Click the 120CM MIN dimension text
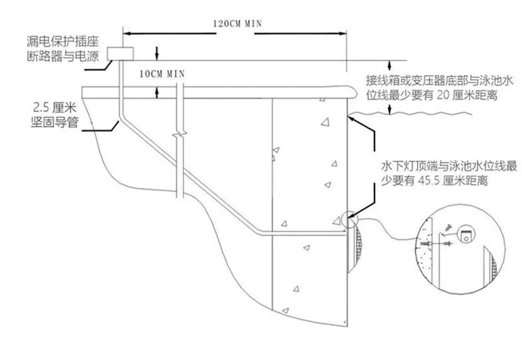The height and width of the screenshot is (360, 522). click(237, 24)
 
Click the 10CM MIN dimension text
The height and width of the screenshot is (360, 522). click(162, 74)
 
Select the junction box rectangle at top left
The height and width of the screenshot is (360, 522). click(120, 54)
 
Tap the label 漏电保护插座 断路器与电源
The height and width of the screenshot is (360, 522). click(63, 49)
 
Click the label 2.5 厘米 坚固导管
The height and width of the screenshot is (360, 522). click(55, 115)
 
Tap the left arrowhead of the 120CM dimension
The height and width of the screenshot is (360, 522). click(127, 33)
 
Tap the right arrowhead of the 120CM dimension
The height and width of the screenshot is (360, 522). click(343, 33)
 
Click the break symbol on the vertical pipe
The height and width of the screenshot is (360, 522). click(180, 135)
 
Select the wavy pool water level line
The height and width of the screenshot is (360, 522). click(410, 114)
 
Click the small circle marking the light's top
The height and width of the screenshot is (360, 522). click(349, 220)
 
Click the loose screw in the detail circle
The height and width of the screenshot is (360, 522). click(447, 228)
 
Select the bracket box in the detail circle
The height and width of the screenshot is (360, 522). click(466, 234)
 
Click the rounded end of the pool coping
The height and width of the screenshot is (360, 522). click(353, 92)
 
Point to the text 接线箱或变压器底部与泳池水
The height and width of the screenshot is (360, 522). click(440, 81)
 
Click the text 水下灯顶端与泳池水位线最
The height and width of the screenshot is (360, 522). click(449, 166)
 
